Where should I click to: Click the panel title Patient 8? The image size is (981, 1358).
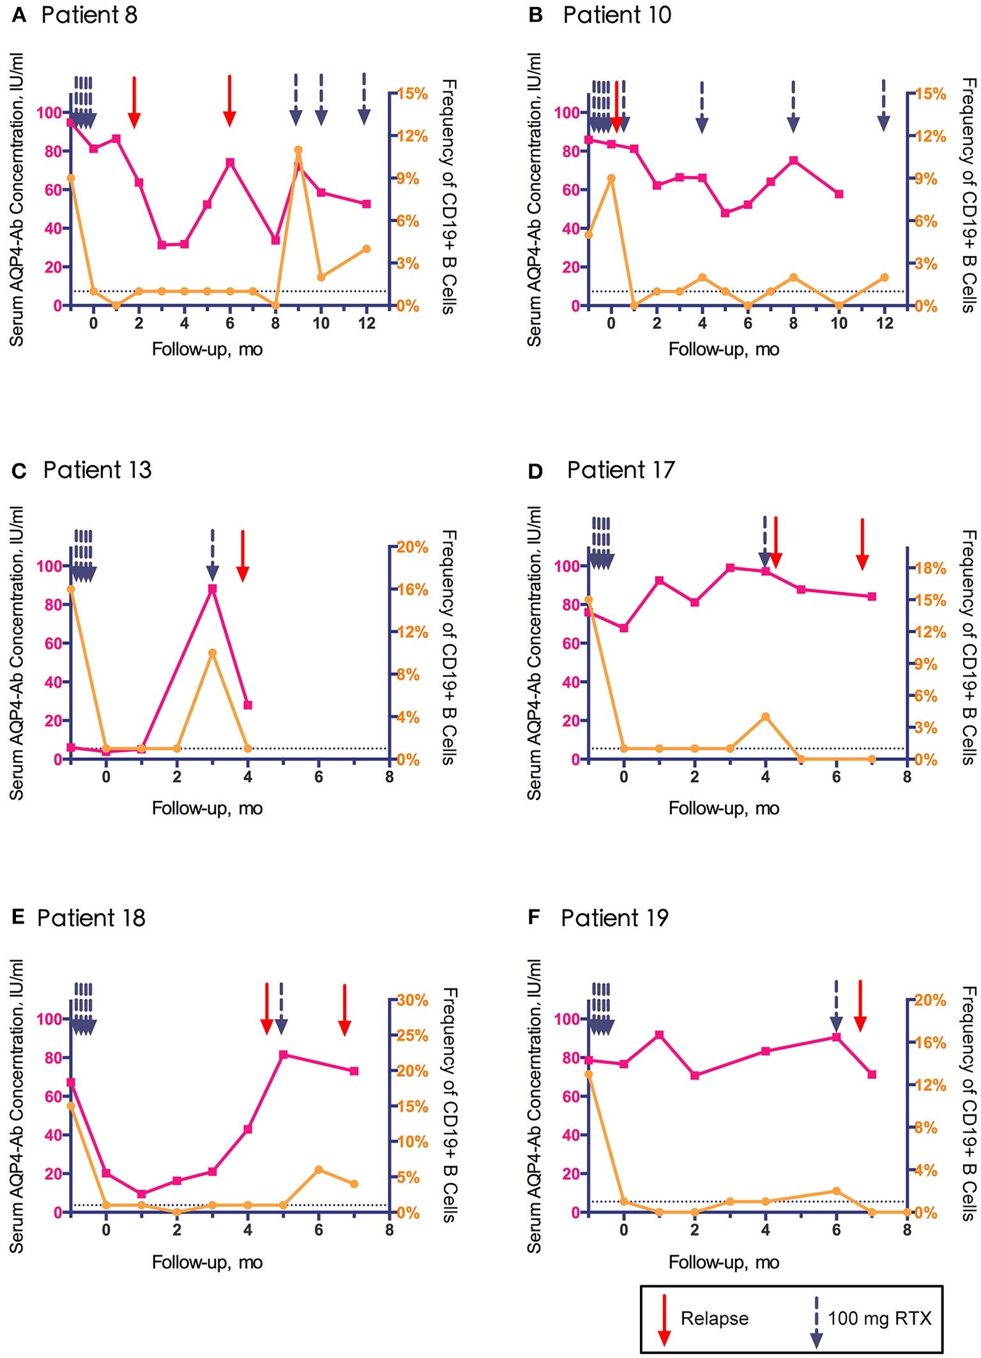pyautogui.click(x=89, y=15)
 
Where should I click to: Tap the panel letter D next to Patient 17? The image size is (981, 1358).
pyautogui.click(x=535, y=472)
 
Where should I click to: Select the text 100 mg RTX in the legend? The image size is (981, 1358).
pyautogui.click(x=879, y=1318)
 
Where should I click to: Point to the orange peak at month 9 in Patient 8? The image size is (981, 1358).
pyautogui.click(x=298, y=150)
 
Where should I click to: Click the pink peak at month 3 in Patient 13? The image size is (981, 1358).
pyautogui.click(x=213, y=589)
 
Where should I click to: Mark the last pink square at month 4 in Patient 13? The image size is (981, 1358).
pyautogui.click(x=248, y=705)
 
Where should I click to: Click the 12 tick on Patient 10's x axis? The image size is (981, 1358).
pyautogui.click(x=884, y=324)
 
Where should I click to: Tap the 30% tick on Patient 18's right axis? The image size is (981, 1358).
pyautogui.click(x=413, y=1000)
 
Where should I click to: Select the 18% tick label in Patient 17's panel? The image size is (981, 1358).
pyautogui.click(x=930, y=568)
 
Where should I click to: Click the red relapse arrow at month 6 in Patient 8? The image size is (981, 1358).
pyautogui.click(x=230, y=102)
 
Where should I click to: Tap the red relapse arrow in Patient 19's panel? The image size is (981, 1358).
pyautogui.click(x=860, y=1007)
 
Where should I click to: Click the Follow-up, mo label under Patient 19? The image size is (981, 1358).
pyautogui.click(x=724, y=1262)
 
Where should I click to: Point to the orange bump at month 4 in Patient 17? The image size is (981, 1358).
pyautogui.click(x=765, y=717)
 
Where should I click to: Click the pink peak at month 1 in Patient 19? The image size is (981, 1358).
pyautogui.click(x=659, y=1035)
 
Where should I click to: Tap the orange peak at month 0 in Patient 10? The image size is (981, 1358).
pyautogui.click(x=611, y=178)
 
